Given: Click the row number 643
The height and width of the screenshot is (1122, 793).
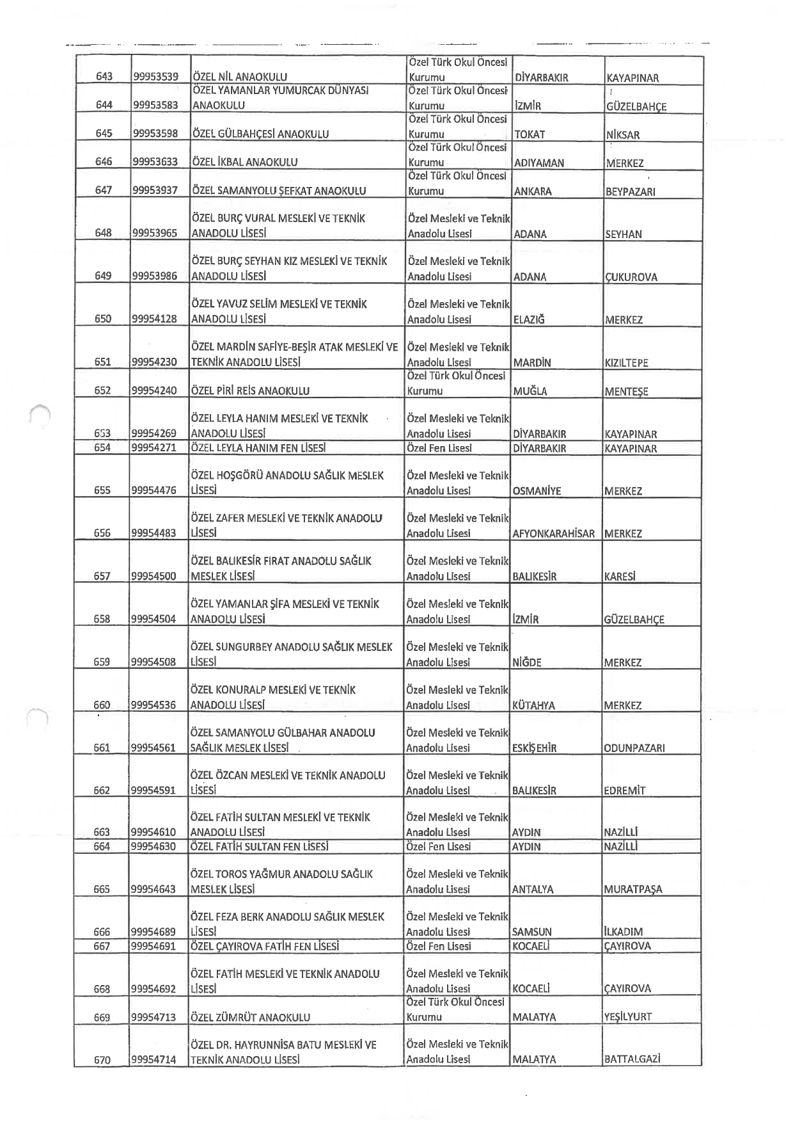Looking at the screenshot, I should [x=104, y=77].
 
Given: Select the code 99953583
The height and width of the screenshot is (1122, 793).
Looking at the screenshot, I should [x=155, y=105].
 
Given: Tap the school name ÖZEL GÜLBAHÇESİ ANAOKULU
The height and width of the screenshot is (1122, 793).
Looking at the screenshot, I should [x=260, y=134].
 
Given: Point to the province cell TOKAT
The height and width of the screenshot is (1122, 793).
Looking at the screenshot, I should [x=530, y=134].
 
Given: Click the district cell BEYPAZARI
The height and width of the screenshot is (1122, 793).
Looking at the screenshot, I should [x=630, y=191].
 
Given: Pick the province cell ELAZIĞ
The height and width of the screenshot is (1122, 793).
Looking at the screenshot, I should [x=528, y=319].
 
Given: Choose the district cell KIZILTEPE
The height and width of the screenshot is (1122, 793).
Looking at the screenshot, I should [x=626, y=362].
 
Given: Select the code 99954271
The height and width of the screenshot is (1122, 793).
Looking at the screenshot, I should [x=153, y=448].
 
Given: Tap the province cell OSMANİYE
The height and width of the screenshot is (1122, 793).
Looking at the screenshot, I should [x=537, y=491].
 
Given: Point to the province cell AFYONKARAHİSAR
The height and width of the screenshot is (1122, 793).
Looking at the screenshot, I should [x=553, y=533].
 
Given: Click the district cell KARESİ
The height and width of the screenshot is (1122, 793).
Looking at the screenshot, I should [x=619, y=576].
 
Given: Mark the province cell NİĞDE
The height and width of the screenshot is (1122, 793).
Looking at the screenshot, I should [x=526, y=662].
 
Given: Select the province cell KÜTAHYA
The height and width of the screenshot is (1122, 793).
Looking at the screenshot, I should [x=533, y=705].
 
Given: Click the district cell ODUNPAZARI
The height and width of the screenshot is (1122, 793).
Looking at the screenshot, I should [x=634, y=748].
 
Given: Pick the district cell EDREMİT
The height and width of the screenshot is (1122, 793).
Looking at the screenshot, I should [x=624, y=790].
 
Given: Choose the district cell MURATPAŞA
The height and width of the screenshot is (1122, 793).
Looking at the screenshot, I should [x=632, y=889].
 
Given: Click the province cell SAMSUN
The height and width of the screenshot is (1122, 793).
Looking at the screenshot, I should [x=531, y=932].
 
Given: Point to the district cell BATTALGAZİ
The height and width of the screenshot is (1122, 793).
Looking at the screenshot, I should [x=631, y=1059].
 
